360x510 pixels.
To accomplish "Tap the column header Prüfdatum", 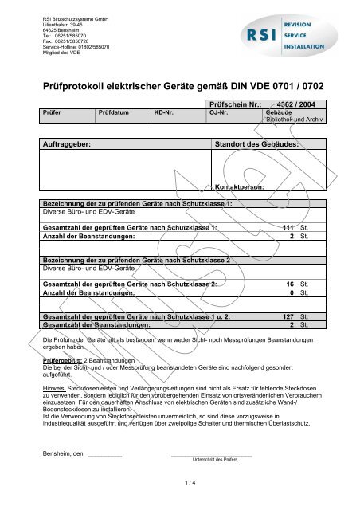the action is coord(114,113).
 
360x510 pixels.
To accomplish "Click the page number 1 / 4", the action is coord(180,483).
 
